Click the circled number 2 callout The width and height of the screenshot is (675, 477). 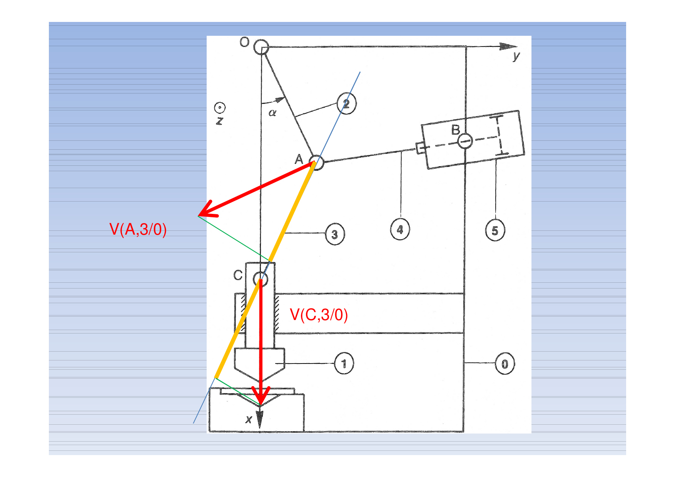[346, 103]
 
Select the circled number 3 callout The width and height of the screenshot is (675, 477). [335, 234]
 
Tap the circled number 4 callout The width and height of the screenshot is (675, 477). [400, 230]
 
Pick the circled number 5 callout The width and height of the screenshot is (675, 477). [495, 230]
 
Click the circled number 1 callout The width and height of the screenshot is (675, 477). [344, 364]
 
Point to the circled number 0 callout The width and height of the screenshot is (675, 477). [505, 364]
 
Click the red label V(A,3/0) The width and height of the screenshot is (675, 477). [138, 230]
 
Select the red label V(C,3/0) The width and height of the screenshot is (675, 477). [319, 315]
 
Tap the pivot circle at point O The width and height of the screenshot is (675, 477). [261, 47]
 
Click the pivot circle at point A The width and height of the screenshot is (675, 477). [316, 163]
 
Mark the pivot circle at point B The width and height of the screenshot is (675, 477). [465, 141]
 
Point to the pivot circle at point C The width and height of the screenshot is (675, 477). [261, 279]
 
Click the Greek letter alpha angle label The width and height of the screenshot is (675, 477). [272, 113]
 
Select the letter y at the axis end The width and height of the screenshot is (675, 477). [516, 57]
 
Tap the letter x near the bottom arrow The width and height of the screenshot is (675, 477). [249, 419]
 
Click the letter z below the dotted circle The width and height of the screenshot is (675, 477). [219, 121]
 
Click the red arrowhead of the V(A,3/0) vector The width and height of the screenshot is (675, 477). [207, 210]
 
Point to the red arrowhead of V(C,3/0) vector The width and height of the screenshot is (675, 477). [261, 396]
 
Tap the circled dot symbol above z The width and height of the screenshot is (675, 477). [220, 108]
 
